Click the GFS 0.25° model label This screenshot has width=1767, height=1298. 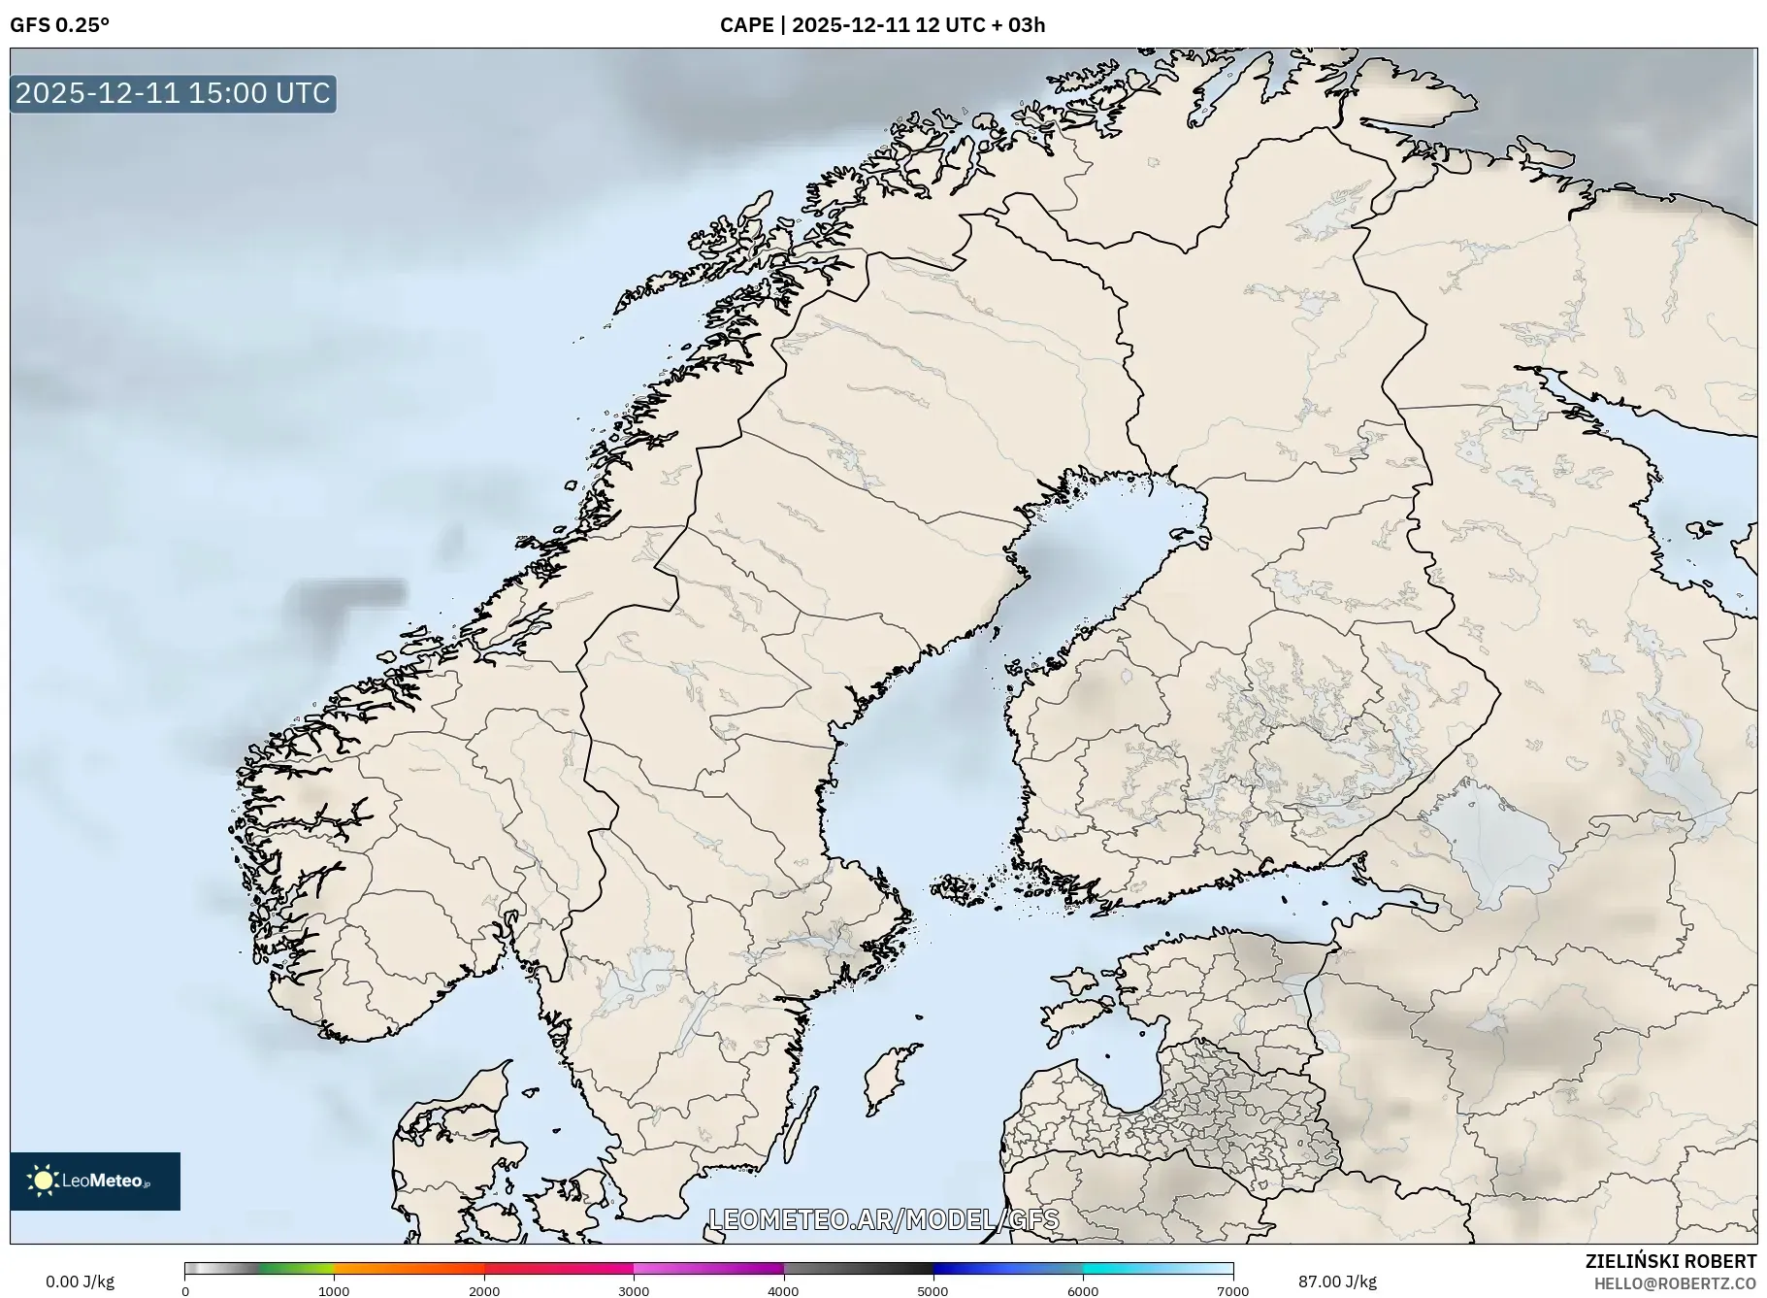click(x=59, y=25)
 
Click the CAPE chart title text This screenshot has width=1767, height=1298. click(x=882, y=25)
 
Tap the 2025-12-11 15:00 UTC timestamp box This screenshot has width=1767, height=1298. click(x=174, y=93)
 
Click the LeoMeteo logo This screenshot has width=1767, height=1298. click(x=95, y=1181)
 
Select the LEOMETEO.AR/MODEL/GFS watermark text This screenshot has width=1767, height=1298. click(x=884, y=1219)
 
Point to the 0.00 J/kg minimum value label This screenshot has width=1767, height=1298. click(x=80, y=1281)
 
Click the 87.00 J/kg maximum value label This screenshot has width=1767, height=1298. click(x=1337, y=1281)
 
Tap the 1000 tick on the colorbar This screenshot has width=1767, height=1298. click(x=334, y=1291)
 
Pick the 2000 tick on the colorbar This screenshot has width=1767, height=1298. click(x=484, y=1291)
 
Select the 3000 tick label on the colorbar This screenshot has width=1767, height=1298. click(x=634, y=1291)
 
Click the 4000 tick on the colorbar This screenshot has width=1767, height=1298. click(x=783, y=1291)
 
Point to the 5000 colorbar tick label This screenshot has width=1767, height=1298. click(x=933, y=1291)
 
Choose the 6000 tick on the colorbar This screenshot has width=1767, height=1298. click(x=1083, y=1291)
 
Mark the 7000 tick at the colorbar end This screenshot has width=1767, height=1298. click(x=1232, y=1291)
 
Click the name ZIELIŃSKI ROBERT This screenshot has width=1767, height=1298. click(x=1670, y=1261)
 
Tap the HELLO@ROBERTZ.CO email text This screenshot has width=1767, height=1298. click(x=1675, y=1283)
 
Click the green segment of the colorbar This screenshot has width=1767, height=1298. click(x=296, y=1268)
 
